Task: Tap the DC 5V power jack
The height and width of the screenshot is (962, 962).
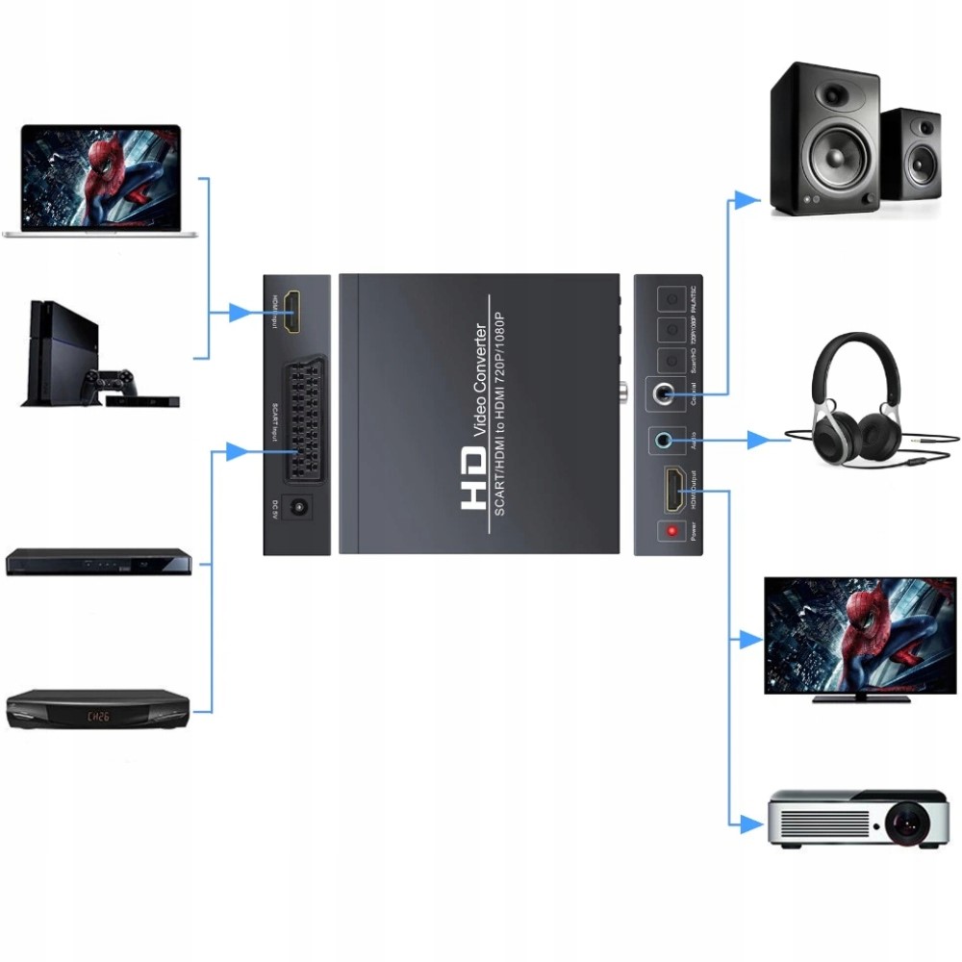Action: (300, 508)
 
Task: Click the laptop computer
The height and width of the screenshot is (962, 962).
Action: (100, 182)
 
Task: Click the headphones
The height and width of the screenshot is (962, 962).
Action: (847, 404)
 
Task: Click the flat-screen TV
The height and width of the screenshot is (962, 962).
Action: (860, 636)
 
